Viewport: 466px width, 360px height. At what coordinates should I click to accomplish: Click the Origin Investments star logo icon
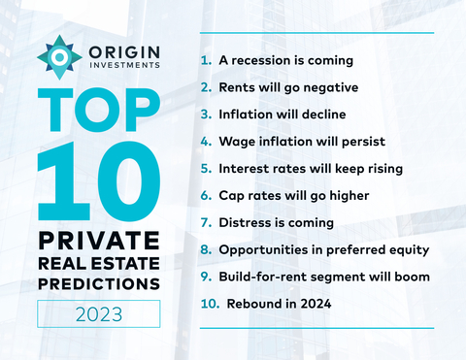coord(59,57)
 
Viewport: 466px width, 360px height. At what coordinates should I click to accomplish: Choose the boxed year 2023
coord(98,313)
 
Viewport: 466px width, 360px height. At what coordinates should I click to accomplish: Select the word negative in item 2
coord(327,87)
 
